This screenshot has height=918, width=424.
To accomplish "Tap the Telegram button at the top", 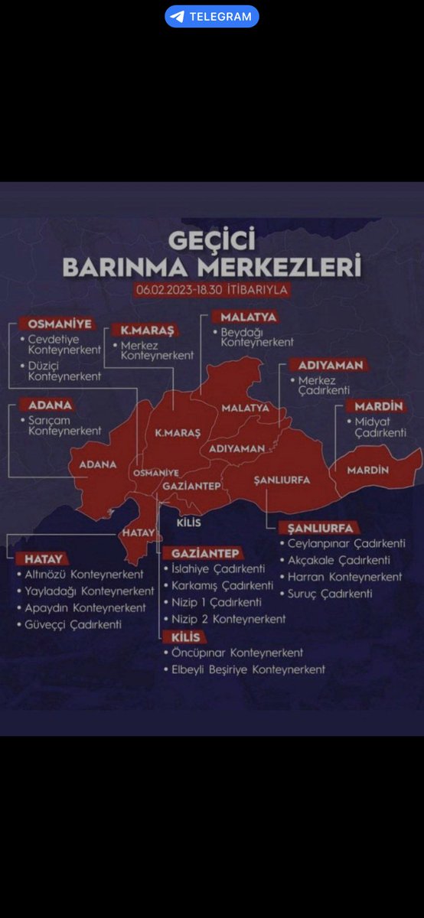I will coord(212,16).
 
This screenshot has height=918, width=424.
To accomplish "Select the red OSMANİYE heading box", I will coord(55,324).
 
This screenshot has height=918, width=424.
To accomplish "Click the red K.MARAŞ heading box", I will coord(142,330).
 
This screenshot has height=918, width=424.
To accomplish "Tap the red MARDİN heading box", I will coord(379,406).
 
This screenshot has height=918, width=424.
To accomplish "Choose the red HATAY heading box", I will coord(43,558).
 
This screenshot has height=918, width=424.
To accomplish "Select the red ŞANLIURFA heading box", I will coord(320,528).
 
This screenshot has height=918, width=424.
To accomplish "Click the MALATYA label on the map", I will coord(246,408).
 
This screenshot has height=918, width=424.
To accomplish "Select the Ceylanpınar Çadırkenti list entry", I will coord(346,544).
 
